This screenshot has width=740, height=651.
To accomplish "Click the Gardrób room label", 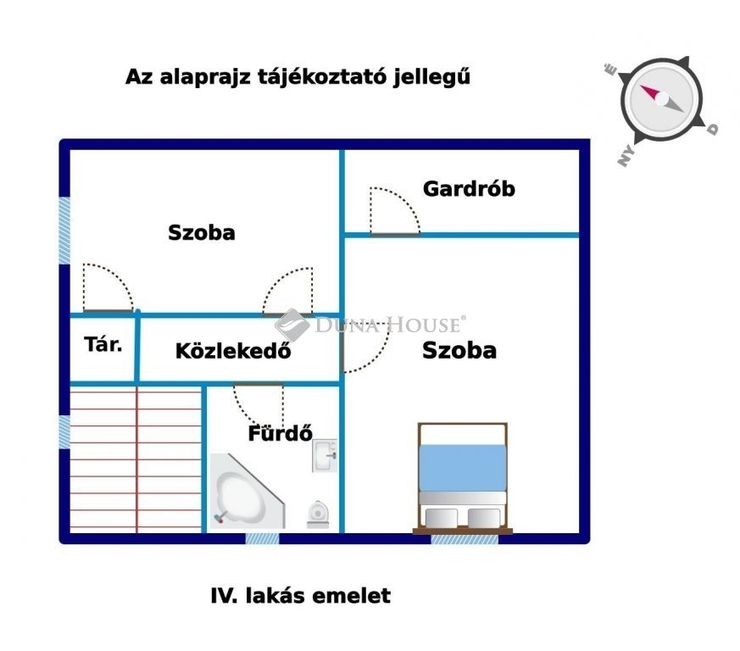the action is pyautogui.click(x=469, y=189).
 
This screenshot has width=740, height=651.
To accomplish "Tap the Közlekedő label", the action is pyautogui.click(x=233, y=351).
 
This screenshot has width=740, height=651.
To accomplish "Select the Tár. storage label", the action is pyautogui.click(x=103, y=345).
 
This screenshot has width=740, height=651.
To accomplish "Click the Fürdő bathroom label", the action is pyautogui.click(x=281, y=433).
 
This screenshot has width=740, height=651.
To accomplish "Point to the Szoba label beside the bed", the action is pyautogui.click(x=459, y=350).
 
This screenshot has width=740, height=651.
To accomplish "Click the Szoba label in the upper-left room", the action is pyautogui.click(x=202, y=233).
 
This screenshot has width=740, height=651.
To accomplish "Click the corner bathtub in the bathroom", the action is pyautogui.click(x=246, y=492).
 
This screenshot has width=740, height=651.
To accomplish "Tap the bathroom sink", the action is pyautogui.click(x=325, y=455).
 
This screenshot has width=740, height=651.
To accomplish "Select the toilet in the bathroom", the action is pyautogui.click(x=318, y=514).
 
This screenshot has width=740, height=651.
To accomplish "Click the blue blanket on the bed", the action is pyautogui.click(x=463, y=467).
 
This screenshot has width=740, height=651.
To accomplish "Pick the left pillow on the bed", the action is pyautogui.click(x=442, y=517).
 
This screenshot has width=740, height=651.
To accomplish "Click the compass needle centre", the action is pyautogui.click(x=662, y=98).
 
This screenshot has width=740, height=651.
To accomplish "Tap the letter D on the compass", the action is pyautogui.click(x=712, y=128).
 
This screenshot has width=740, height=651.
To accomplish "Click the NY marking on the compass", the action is pyautogui.click(x=626, y=156).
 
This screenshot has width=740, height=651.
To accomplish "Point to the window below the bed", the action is pyautogui.click(x=465, y=538).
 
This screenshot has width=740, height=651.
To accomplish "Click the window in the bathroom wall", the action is pyautogui.click(x=263, y=538).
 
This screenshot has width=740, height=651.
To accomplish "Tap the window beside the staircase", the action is pyautogui.click(x=64, y=432).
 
